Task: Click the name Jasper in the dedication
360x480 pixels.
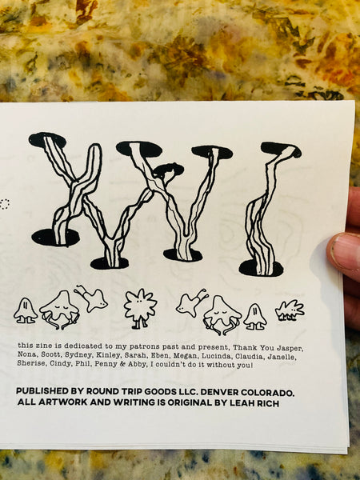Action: click(294, 346)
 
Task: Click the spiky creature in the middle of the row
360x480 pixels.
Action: click(140, 307)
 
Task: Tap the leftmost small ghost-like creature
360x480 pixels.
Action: click(25, 310)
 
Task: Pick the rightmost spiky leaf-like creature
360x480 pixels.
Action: click(289, 310)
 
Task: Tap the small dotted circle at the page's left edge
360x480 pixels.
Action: click(5, 204)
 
